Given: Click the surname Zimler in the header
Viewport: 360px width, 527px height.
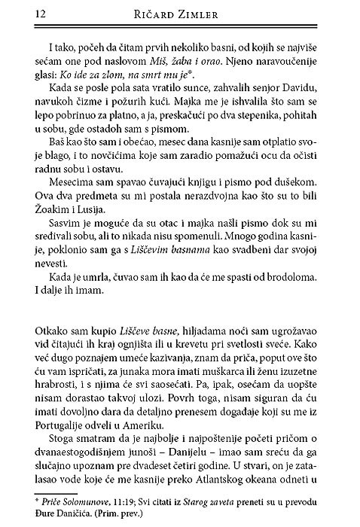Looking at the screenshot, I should coord(213,12).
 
